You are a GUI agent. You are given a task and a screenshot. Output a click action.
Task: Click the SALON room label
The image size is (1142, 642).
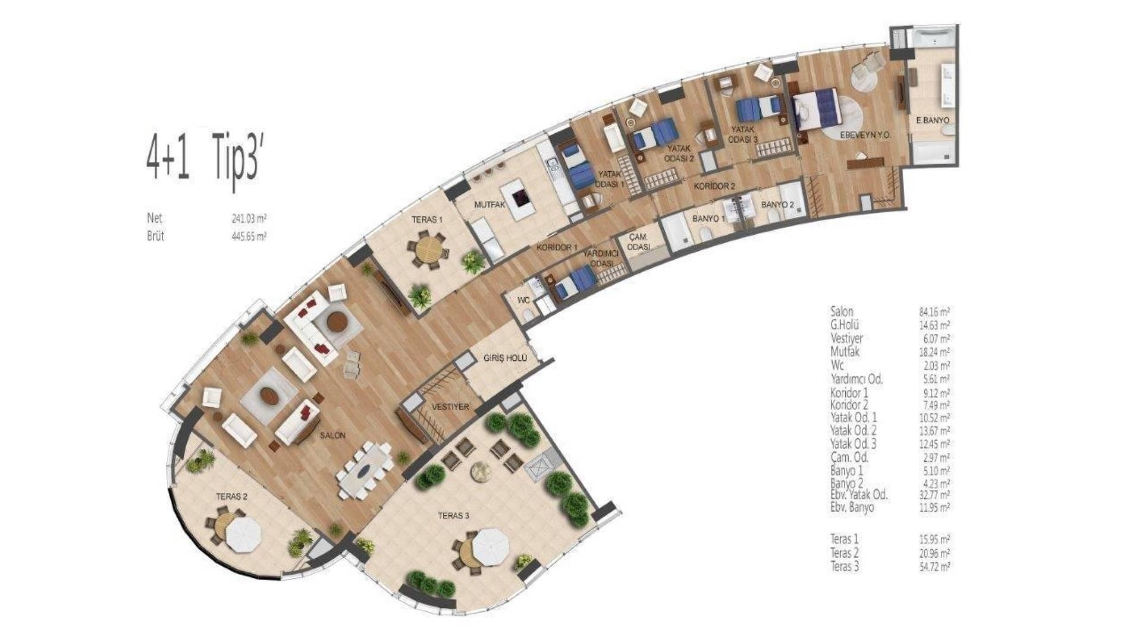(x=332, y=435)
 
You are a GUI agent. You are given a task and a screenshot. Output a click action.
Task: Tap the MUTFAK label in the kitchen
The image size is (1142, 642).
(x=490, y=204)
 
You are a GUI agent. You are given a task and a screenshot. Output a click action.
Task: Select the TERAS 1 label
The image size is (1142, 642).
(x=427, y=220)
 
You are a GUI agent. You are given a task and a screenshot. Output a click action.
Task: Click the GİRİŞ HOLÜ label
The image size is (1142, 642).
(x=506, y=358)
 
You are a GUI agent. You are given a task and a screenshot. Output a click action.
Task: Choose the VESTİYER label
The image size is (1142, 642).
(x=450, y=407)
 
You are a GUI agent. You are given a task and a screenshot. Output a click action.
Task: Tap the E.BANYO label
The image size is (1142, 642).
(x=932, y=120)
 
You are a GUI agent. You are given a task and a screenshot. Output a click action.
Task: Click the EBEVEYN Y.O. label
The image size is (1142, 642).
(x=865, y=136)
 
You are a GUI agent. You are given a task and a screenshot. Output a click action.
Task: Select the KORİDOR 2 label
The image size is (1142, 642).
(x=715, y=186)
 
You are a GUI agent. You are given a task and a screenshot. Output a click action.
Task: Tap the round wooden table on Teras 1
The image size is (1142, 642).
(x=428, y=250)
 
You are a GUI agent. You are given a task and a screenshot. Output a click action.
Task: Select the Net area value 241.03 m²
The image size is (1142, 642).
(x=249, y=219)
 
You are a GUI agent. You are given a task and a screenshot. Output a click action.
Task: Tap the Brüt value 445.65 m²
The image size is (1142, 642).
(x=249, y=236)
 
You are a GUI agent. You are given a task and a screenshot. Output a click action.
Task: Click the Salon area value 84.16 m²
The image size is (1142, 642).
(x=934, y=311)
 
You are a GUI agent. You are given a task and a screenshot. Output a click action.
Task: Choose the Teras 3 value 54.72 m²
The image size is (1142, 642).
(x=934, y=567)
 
